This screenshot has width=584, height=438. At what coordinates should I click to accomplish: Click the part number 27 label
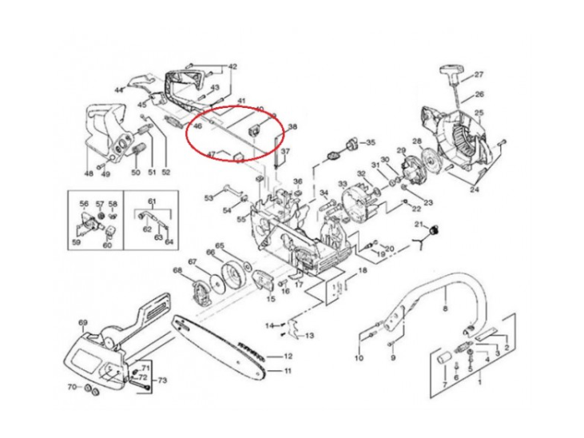(479, 75)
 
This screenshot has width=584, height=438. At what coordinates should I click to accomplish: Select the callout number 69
(82, 322)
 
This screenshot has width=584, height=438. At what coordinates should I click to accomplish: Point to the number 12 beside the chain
(288, 356)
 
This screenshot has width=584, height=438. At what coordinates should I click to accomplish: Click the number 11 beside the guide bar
(288, 371)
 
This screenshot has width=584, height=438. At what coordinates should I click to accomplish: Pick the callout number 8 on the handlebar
(445, 308)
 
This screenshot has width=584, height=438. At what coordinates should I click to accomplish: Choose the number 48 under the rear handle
(88, 172)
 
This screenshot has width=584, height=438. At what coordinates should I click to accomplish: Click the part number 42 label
(233, 66)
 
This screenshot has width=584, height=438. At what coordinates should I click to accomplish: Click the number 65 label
(220, 246)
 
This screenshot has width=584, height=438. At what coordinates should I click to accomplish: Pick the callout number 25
(479, 113)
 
